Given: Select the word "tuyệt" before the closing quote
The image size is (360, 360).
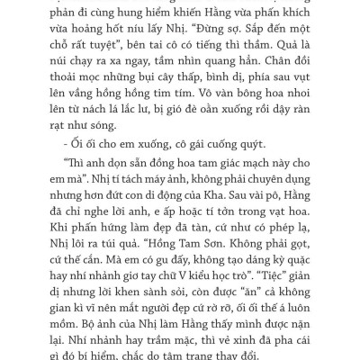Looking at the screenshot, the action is [x=131, y=51].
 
